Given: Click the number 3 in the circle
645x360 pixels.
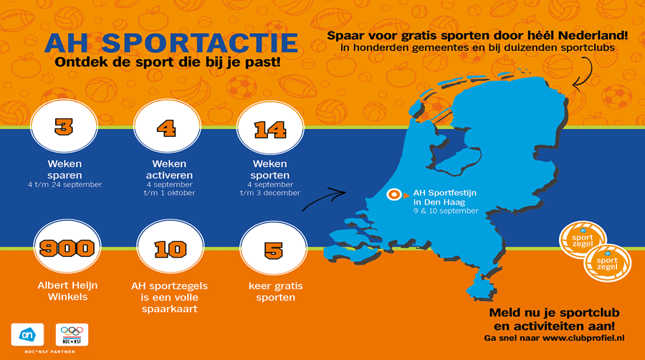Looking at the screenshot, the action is [64, 127].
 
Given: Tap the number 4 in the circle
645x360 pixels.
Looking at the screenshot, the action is [166, 128].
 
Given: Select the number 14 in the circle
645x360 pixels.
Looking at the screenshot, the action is [270, 130].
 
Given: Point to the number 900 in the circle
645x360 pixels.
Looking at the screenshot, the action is [67, 247].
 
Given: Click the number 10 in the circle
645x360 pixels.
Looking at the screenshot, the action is [171, 250].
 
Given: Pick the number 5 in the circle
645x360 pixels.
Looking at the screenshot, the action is [274, 250].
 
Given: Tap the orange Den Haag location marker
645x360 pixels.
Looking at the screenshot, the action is [394, 194].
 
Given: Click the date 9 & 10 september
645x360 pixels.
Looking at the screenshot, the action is [446, 211].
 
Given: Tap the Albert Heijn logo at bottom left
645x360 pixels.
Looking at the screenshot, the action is [27, 334].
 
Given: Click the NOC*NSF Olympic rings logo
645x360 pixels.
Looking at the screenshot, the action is [72, 334].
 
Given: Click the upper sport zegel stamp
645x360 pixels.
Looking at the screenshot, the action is [583, 240].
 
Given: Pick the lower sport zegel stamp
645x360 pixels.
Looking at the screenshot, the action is [608, 263].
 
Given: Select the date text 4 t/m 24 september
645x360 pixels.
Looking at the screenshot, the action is [65, 185].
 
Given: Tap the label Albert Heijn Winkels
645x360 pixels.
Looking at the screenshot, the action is [67, 291].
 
